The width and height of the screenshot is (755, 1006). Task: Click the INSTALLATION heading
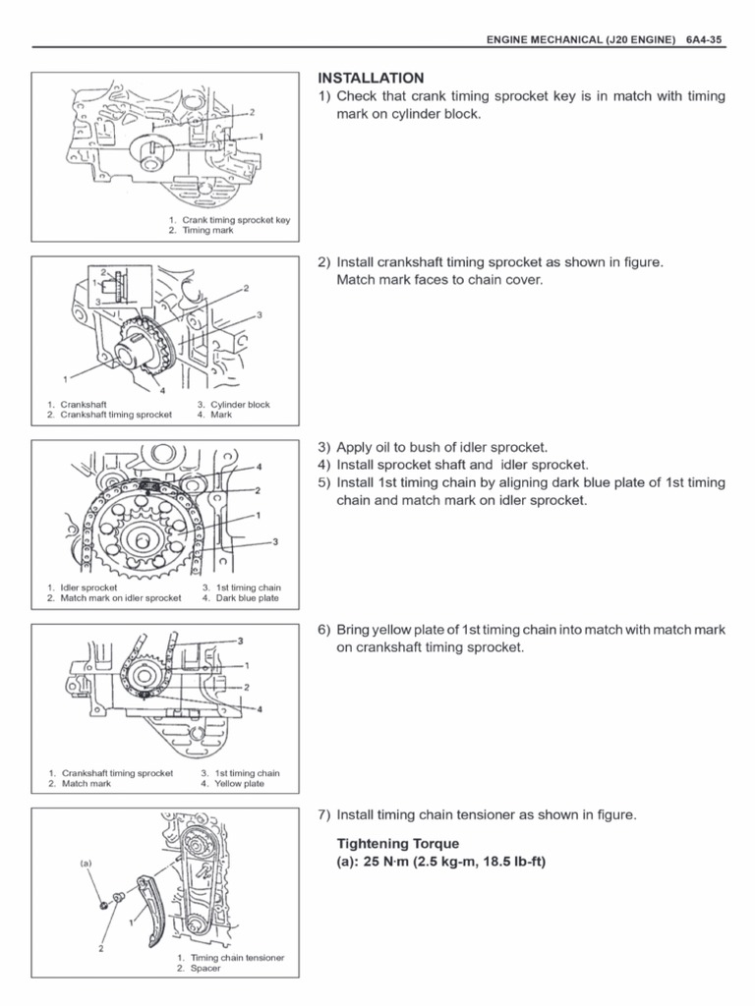[371, 78]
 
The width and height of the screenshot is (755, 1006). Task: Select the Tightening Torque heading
[398, 843]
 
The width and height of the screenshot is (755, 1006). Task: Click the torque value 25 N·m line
[440, 862]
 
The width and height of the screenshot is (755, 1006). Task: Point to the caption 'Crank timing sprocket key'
[236, 220]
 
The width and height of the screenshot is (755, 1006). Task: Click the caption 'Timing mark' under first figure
[207, 230]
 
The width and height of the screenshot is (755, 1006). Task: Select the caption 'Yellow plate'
[240, 784]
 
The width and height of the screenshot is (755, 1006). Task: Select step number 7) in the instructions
[324, 814]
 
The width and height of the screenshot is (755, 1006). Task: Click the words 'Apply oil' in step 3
[365, 447]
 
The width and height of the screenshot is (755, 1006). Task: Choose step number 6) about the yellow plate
[324, 630]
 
